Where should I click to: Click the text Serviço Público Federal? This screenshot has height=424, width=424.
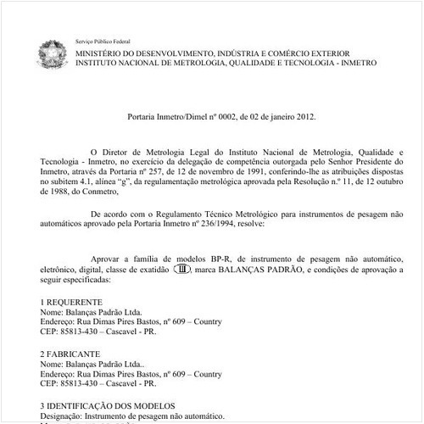(103, 42)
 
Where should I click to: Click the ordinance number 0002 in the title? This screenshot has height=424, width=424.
(219, 114)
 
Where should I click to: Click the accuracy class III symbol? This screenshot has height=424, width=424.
(181, 269)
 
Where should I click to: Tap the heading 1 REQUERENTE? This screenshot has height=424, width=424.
(71, 302)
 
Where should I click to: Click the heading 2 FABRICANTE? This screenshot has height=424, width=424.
(70, 354)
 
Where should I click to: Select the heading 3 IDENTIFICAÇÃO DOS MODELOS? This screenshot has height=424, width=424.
(107, 406)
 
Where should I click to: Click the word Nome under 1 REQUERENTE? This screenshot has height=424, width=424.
(52, 313)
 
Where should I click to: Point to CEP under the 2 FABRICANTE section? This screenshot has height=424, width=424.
(49, 384)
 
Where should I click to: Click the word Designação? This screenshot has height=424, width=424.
(65, 416)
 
